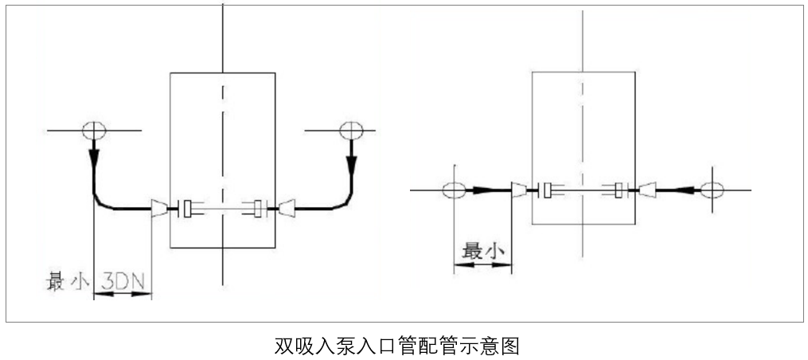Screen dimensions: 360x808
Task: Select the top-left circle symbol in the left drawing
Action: tap(94, 129)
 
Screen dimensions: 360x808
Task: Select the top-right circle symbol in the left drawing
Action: tap(350, 129)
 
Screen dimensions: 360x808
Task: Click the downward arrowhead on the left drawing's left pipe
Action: tap(94, 156)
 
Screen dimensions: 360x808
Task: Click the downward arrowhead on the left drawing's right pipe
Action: tap(350, 162)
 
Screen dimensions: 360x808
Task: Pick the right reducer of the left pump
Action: tap(285, 209)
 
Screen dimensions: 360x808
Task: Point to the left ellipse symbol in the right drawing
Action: tap(454, 190)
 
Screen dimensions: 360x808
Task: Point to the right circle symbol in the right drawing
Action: tap(712, 190)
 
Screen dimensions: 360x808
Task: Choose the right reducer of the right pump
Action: tap(647, 190)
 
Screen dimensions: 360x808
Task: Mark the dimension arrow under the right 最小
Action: tap(482, 266)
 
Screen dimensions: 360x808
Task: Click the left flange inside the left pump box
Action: tap(187, 209)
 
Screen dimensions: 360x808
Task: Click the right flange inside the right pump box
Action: tap(619, 190)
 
